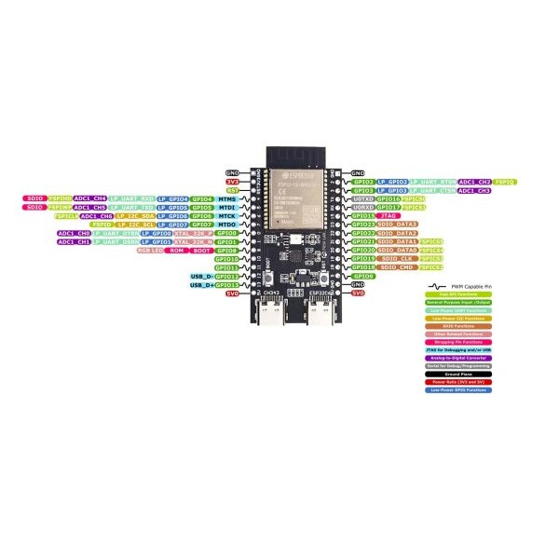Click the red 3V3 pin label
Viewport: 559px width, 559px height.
pyautogui.click(x=233, y=181)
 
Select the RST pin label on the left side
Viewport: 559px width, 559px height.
pyautogui.click(x=233, y=189)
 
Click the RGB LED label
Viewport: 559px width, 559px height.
pyautogui.click(x=151, y=251)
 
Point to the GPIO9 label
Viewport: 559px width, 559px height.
pyautogui.click(x=363, y=277)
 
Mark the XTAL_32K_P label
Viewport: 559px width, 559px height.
pyautogui.click(x=193, y=233)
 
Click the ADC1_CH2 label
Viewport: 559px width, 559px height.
pyautogui.click(x=474, y=182)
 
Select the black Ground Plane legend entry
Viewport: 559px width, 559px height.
pyautogui.click(x=456, y=375)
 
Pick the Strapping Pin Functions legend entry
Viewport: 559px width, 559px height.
pyautogui.click(x=456, y=342)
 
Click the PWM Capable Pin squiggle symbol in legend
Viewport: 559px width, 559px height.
pyautogui.click(x=433, y=285)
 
